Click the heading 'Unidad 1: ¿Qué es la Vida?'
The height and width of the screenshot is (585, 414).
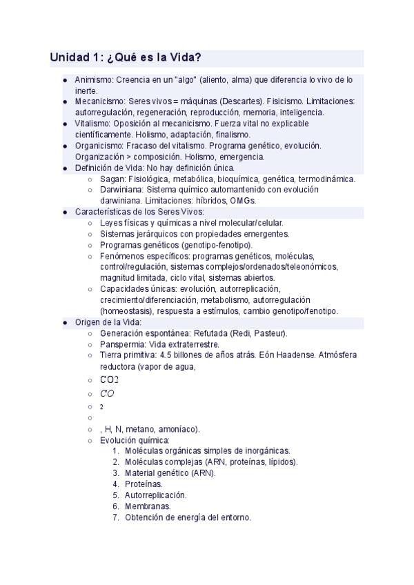(x=125, y=57)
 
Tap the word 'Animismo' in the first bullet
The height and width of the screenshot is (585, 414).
(x=92, y=80)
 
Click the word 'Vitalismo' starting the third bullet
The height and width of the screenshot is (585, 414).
(x=90, y=123)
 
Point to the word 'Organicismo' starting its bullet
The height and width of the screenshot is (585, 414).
(x=96, y=146)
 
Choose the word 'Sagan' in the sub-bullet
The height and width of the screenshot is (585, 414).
(x=111, y=179)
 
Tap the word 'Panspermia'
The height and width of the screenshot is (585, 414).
(x=121, y=344)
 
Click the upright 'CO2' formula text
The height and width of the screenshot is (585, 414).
(x=109, y=379)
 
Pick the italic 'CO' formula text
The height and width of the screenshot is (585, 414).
(x=107, y=394)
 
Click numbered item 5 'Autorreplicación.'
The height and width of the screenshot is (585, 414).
(x=155, y=495)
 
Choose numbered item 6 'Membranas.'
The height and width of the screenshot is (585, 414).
(x=148, y=506)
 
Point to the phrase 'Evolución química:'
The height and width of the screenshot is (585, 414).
(x=134, y=440)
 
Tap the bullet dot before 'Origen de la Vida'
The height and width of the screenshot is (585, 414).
(x=65, y=322)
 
